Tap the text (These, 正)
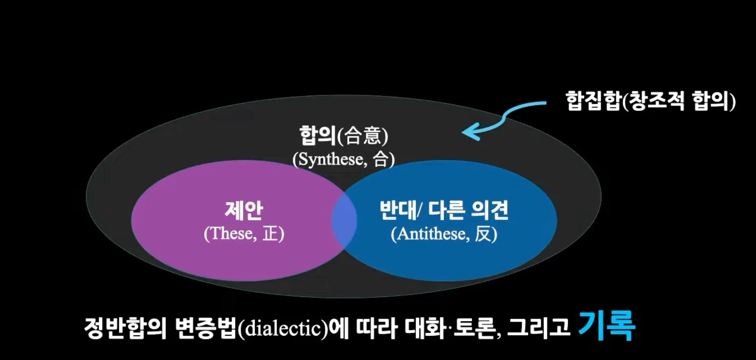[x=244, y=234]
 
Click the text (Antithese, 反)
[x=444, y=234]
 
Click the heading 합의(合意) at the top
[x=343, y=136]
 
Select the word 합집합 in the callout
[x=594, y=101]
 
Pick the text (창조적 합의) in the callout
[x=679, y=101]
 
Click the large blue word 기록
[x=606, y=325]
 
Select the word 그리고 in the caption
[x=539, y=328]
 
